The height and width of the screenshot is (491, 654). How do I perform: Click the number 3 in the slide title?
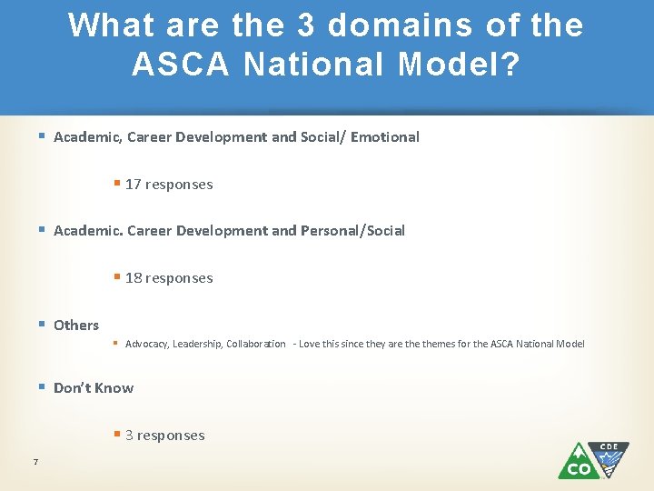pos(305,25)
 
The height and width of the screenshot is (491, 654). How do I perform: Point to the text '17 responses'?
pos(169,185)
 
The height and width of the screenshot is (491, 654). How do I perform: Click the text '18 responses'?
pos(169,278)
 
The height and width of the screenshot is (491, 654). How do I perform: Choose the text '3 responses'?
pos(164,436)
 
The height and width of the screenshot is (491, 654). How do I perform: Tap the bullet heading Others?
pos(76,326)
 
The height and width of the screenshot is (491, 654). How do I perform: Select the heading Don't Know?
pos(94,388)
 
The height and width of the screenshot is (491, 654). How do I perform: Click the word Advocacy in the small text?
pos(146,344)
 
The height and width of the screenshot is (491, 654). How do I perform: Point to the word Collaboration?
pos(256,344)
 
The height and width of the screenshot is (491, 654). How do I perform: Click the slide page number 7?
pos(35,463)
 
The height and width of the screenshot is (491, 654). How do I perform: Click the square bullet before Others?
pos(42,325)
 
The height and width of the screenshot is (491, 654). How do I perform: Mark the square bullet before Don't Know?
pos(42,387)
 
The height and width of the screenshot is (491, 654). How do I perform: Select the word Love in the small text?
pos(310,344)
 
